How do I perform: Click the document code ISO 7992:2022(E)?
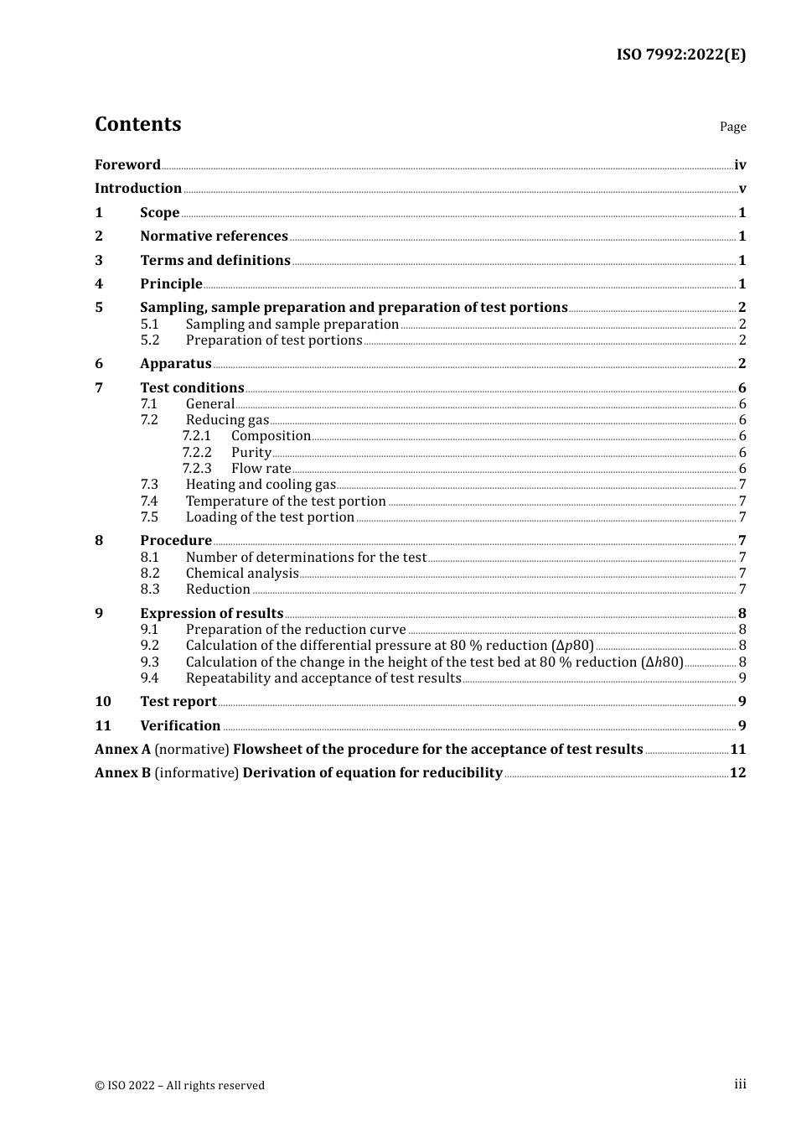(680, 55)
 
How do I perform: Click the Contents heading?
(137, 124)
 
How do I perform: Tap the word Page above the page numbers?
(732, 127)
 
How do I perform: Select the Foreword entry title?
(127, 164)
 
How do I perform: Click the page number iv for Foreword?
(740, 165)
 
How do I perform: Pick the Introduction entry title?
(138, 188)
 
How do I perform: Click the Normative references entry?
(214, 236)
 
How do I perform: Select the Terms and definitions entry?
(215, 260)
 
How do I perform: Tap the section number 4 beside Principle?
(99, 283)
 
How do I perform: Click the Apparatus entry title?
(176, 363)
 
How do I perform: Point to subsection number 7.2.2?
(197, 452)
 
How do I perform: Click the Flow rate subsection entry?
(261, 468)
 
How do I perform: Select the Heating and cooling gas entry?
(261, 484)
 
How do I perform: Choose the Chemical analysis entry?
(242, 573)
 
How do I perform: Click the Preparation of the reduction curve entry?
(296, 629)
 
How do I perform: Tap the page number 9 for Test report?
(742, 701)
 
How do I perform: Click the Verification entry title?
(180, 725)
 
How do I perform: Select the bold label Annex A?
(122, 749)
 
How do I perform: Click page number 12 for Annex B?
(737, 772)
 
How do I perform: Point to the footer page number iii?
(740, 1084)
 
